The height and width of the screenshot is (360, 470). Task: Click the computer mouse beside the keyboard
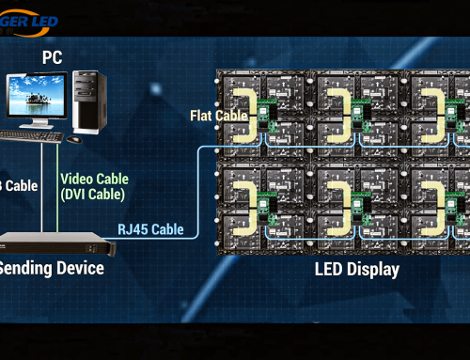pyautogui.click(x=73, y=138)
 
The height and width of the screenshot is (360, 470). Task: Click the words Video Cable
pyautogui.click(x=93, y=178)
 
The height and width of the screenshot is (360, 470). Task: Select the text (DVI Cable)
pyautogui.click(x=93, y=194)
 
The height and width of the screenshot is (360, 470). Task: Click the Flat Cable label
pyautogui.click(x=218, y=116)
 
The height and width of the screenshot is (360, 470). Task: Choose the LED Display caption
pyautogui.click(x=356, y=270)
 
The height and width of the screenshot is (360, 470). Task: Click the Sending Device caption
pyautogui.click(x=51, y=269)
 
